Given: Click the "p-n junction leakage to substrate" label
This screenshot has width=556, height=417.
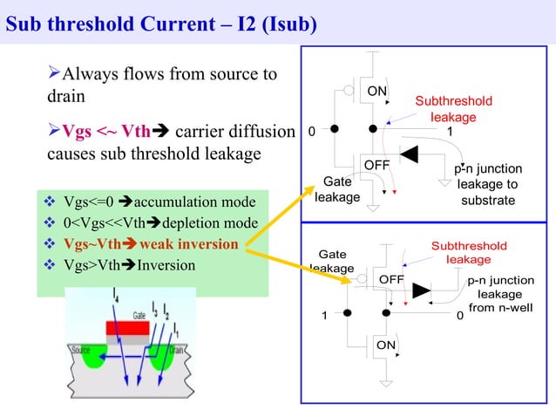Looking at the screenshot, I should tap(488, 184).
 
